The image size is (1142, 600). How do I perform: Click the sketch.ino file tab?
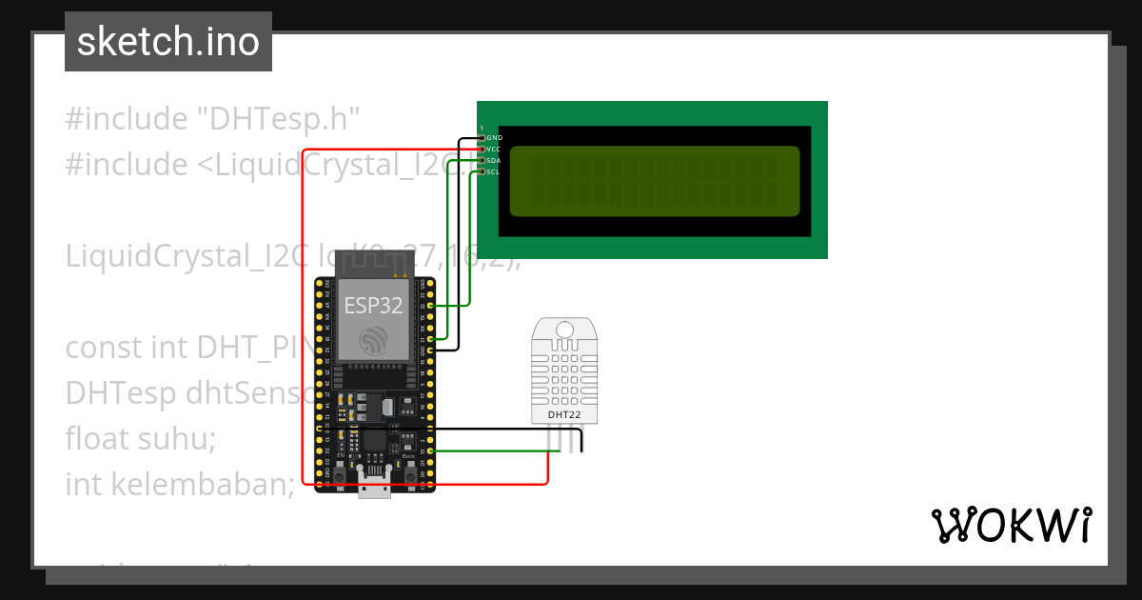(167, 42)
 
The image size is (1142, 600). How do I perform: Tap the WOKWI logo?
(1011, 525)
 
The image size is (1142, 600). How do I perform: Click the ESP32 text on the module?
(373, 306)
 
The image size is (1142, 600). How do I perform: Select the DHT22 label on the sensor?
(564, 414)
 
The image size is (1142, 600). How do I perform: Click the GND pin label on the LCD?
(494, 138)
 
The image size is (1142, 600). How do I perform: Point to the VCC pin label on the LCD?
(494, 150)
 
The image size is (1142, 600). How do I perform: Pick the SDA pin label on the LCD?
(494, 161)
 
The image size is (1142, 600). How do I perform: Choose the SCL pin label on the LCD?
(494, 172)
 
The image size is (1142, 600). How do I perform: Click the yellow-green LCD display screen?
(655, 181)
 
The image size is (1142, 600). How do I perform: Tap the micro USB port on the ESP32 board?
(374, 488)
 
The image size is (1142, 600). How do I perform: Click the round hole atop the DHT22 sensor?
(564, 330)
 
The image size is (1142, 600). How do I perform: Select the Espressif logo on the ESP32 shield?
(373, 339)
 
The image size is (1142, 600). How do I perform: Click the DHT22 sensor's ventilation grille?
(564, 375)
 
